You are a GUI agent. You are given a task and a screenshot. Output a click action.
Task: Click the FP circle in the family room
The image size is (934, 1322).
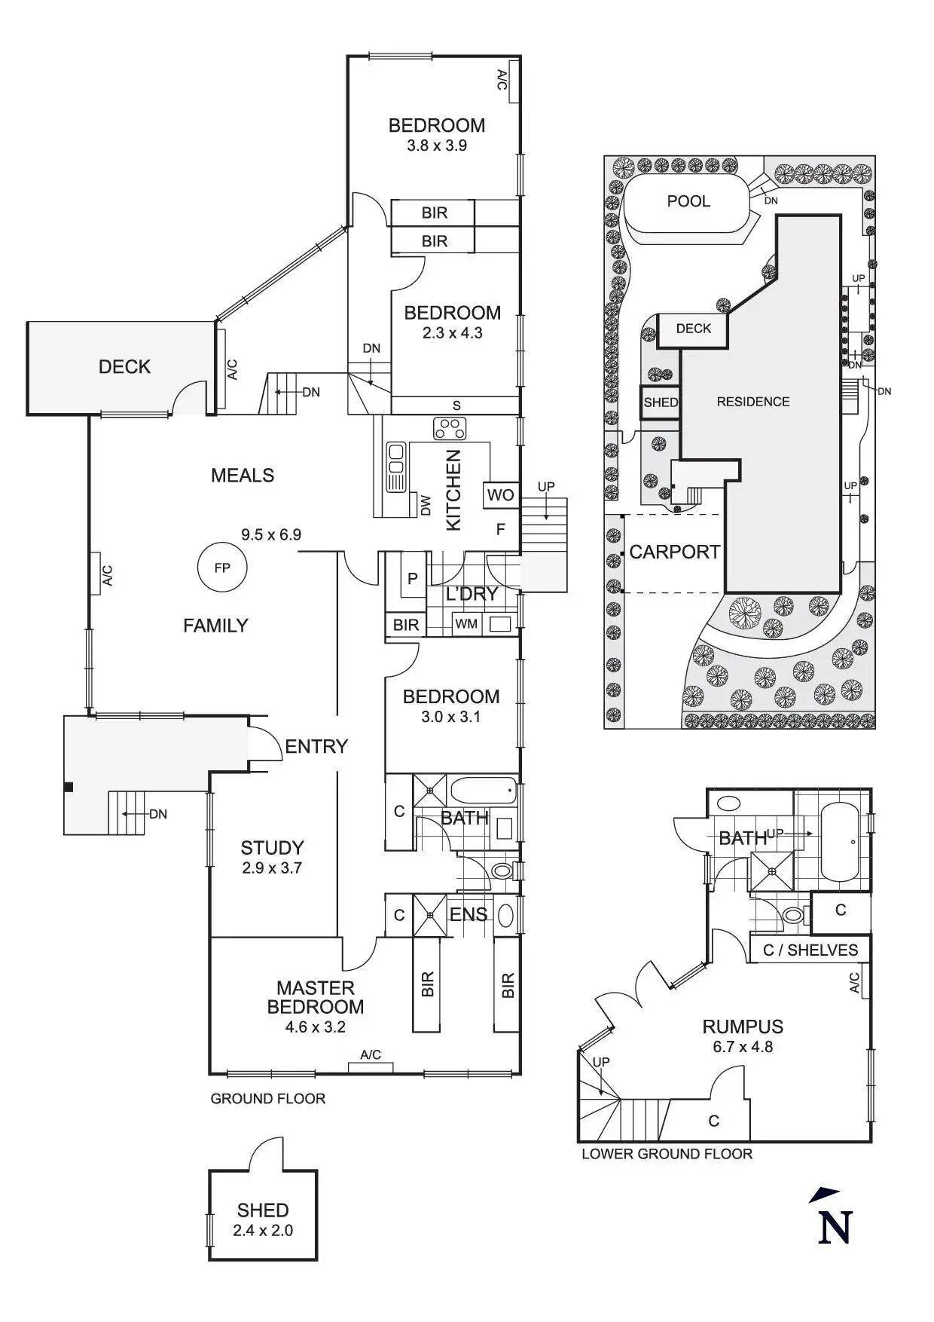click(x=222, y=568)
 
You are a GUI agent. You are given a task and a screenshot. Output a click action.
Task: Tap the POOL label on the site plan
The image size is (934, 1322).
click(x=688, y=201)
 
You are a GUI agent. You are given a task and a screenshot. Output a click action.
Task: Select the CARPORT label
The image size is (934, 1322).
click(x=674, y=552)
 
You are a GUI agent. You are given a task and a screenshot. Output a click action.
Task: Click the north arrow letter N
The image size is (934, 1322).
click(x=835, y=1226)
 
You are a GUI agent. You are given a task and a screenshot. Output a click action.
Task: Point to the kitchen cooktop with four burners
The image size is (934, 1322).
click(x=450, y=428)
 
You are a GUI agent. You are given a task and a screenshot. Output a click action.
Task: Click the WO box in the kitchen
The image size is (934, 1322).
click(x=500, y=495)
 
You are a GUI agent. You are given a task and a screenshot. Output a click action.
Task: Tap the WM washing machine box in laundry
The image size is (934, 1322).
click(x=466, y=624)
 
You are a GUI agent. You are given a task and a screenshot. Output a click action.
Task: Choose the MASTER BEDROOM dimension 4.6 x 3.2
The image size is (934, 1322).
click(x=316, y=1027)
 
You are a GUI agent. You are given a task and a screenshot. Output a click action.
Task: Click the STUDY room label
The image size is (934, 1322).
click(x=272, y=848)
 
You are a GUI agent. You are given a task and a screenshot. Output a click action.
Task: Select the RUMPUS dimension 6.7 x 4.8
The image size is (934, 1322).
click(x=743, y=1046)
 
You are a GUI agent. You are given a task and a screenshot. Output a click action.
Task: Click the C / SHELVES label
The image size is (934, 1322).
click(x=810, y=950)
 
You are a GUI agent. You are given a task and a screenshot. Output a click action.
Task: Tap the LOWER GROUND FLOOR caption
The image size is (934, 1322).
click(x=667, y=1154)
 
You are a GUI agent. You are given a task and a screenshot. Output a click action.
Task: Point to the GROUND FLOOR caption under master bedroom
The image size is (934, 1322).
click(x=267, y=1099)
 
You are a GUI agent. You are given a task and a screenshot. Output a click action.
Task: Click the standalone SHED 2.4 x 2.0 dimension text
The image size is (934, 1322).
click(x=263, y=1231)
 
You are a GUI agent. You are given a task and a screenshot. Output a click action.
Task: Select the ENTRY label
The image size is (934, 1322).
click(x=316, y=746)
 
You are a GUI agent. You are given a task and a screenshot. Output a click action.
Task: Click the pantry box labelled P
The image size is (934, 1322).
click(x=412, y=580)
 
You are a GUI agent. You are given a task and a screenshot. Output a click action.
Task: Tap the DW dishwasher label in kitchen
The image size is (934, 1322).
click(x=426, y=506)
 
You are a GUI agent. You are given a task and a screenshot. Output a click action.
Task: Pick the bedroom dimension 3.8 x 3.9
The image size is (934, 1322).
click(x=437, y=145)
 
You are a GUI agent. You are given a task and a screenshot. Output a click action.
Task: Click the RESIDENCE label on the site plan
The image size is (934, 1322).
click(x=753, y=402)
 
